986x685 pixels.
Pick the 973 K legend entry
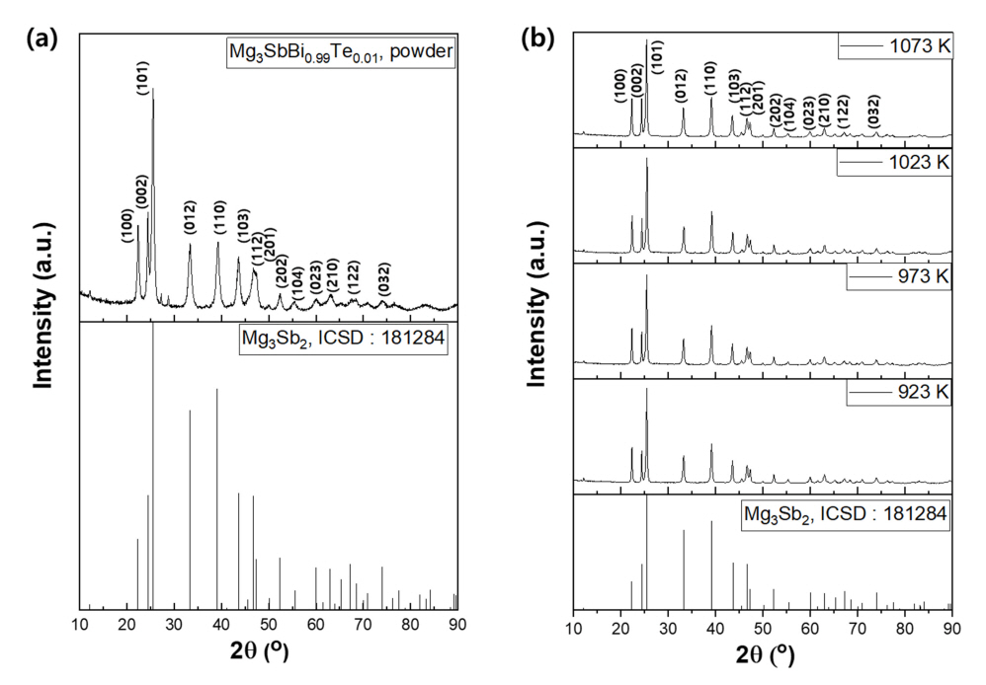click(x=898, y=276)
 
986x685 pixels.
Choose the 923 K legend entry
click(x=898, y=392)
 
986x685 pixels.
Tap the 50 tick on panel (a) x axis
click(x=268, y=625)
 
